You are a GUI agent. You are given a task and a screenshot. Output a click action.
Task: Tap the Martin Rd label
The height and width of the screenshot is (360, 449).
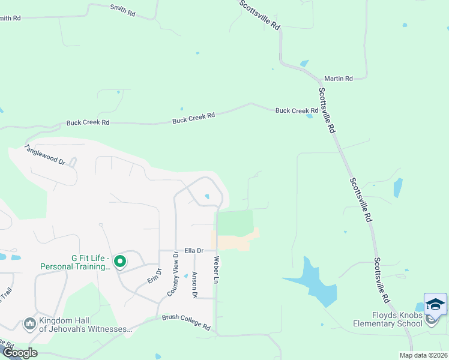338,79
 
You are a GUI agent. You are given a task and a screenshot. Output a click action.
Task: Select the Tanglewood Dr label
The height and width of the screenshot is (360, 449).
44,154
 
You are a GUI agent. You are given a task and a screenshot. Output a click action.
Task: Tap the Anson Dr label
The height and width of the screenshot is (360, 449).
194,284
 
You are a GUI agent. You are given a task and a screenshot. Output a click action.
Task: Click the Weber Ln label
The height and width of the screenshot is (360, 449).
214,269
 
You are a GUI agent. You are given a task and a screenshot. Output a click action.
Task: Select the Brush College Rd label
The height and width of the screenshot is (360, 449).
186,322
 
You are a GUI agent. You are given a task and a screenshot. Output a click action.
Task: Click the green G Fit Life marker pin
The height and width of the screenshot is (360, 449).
120,262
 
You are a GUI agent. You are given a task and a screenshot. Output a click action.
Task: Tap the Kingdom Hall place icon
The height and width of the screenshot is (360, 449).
29,325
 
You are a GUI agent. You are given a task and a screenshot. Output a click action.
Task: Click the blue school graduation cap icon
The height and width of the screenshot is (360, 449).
435,304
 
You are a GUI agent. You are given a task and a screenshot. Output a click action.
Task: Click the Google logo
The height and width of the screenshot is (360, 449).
20,352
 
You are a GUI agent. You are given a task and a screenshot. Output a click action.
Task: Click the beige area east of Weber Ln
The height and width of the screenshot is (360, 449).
237,240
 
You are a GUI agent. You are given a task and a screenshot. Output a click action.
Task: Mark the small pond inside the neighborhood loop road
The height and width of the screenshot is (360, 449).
207,196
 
